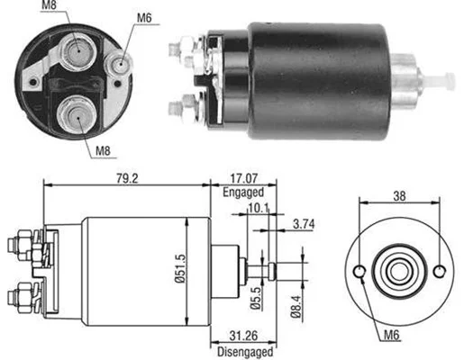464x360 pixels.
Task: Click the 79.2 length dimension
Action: tap(127, 179)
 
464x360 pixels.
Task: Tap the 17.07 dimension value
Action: tap(244, 179)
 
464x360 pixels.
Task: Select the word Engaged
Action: tap(243, 193)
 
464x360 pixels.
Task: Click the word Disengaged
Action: tap(245, 352)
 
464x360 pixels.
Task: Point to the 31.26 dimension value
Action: tap(243, 336)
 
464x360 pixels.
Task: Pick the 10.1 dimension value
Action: tap(259, 208)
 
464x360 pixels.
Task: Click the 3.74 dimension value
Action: tap(304, 224)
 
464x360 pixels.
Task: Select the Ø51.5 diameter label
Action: tap(180, 269)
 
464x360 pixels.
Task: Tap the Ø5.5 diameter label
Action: tap(256, 298)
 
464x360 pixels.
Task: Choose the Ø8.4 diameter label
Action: tap(296, 307)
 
